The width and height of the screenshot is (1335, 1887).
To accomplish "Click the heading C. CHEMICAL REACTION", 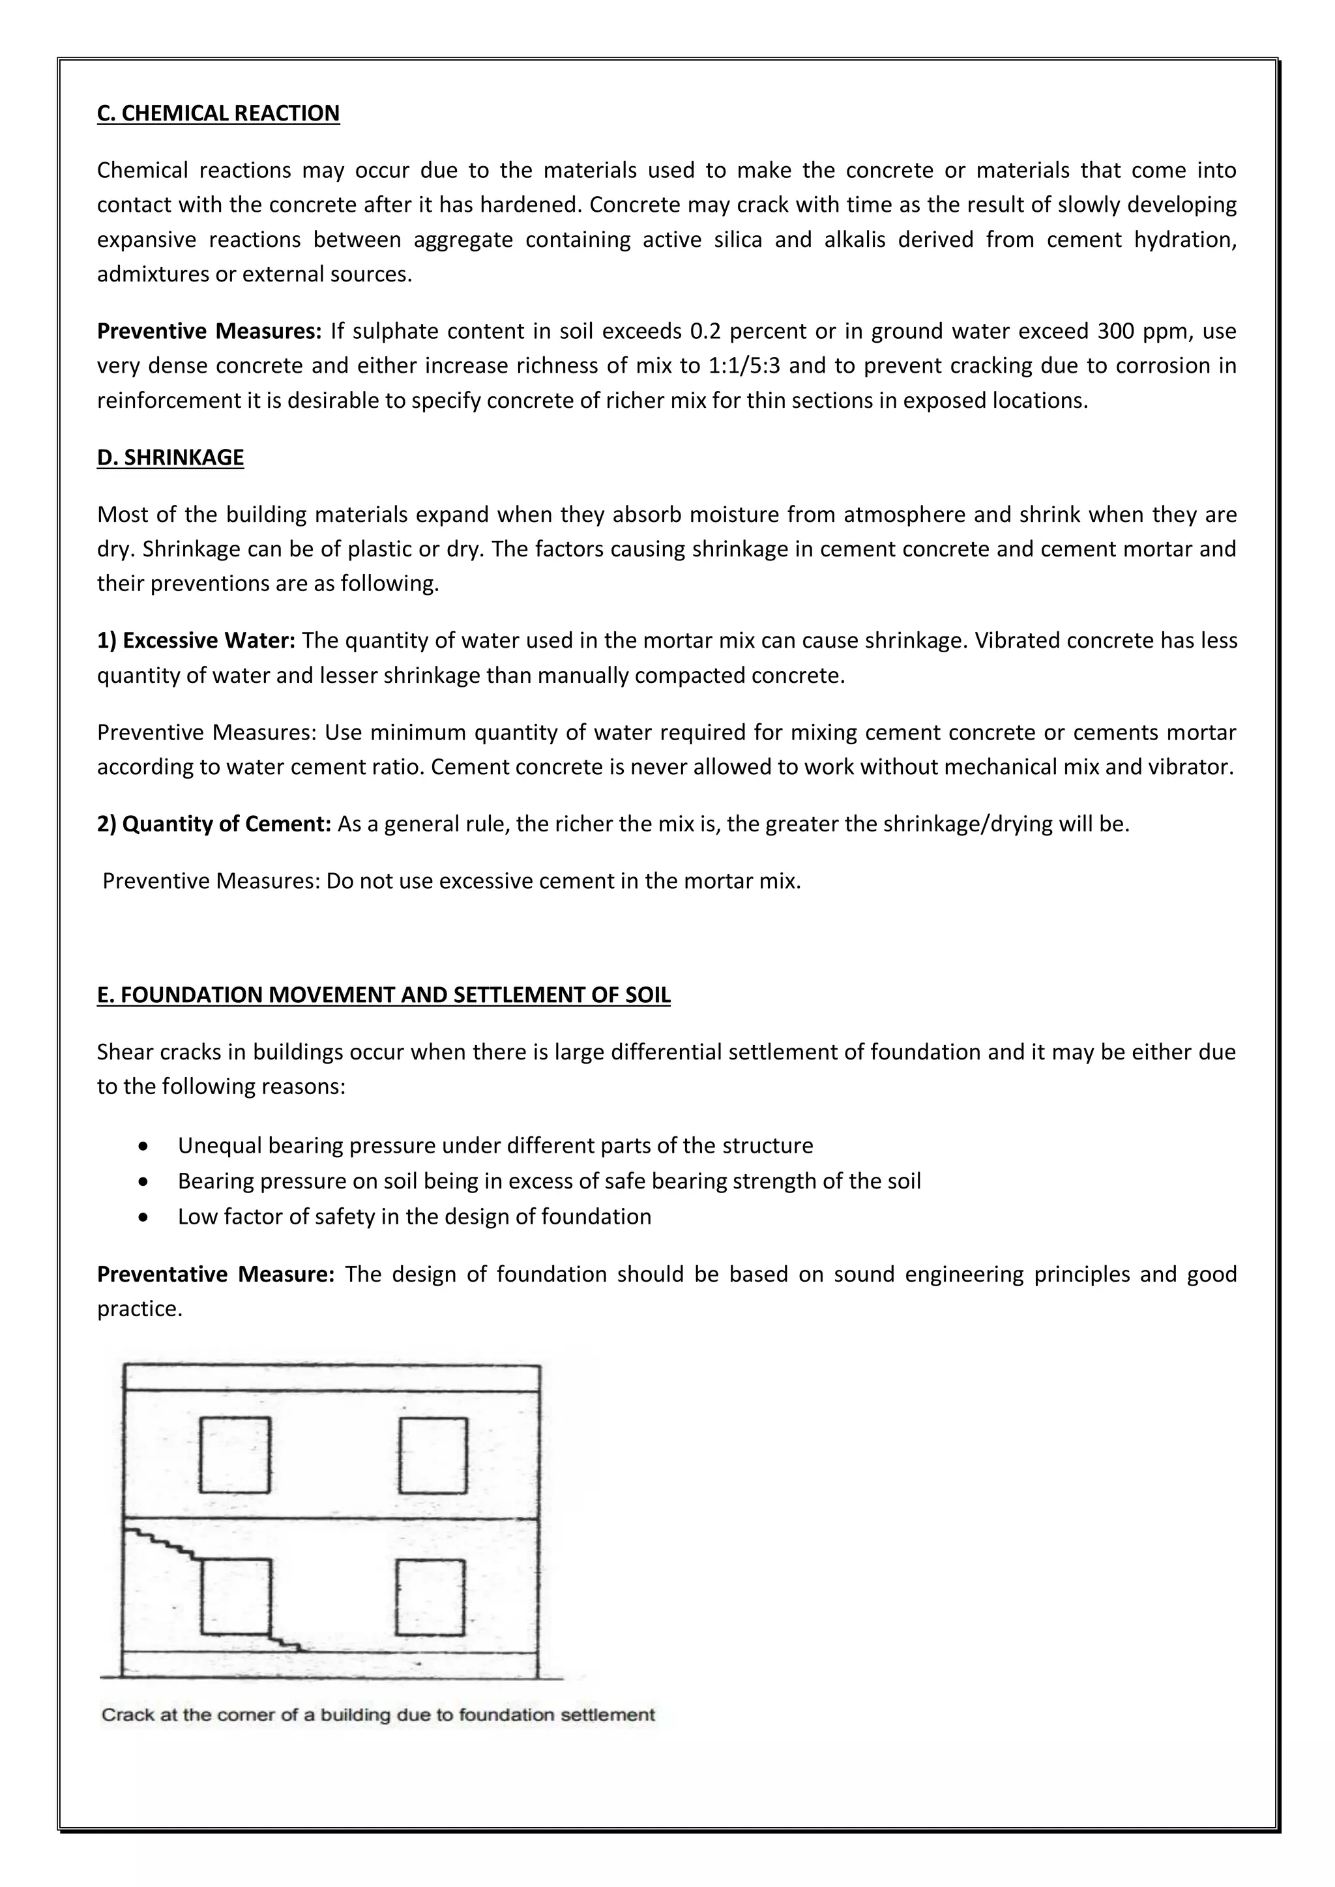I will point(218,113).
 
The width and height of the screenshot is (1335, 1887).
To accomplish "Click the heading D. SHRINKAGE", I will point(170,458).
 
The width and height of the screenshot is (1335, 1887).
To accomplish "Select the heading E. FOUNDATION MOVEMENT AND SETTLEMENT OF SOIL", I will point(383,995).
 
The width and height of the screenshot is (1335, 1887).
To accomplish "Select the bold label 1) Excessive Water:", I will point(196,641).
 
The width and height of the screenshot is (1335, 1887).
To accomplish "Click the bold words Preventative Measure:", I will point(215,1275).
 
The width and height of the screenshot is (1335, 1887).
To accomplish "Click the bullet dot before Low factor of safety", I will point(145,1217).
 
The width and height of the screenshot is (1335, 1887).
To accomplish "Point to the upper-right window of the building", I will point(433,1456).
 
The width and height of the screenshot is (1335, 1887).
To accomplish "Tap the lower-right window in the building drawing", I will point(430,1598).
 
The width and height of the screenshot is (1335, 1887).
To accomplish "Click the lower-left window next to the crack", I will point(235,1597).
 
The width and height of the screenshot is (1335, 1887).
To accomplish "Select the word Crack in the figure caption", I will point(123,1715).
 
